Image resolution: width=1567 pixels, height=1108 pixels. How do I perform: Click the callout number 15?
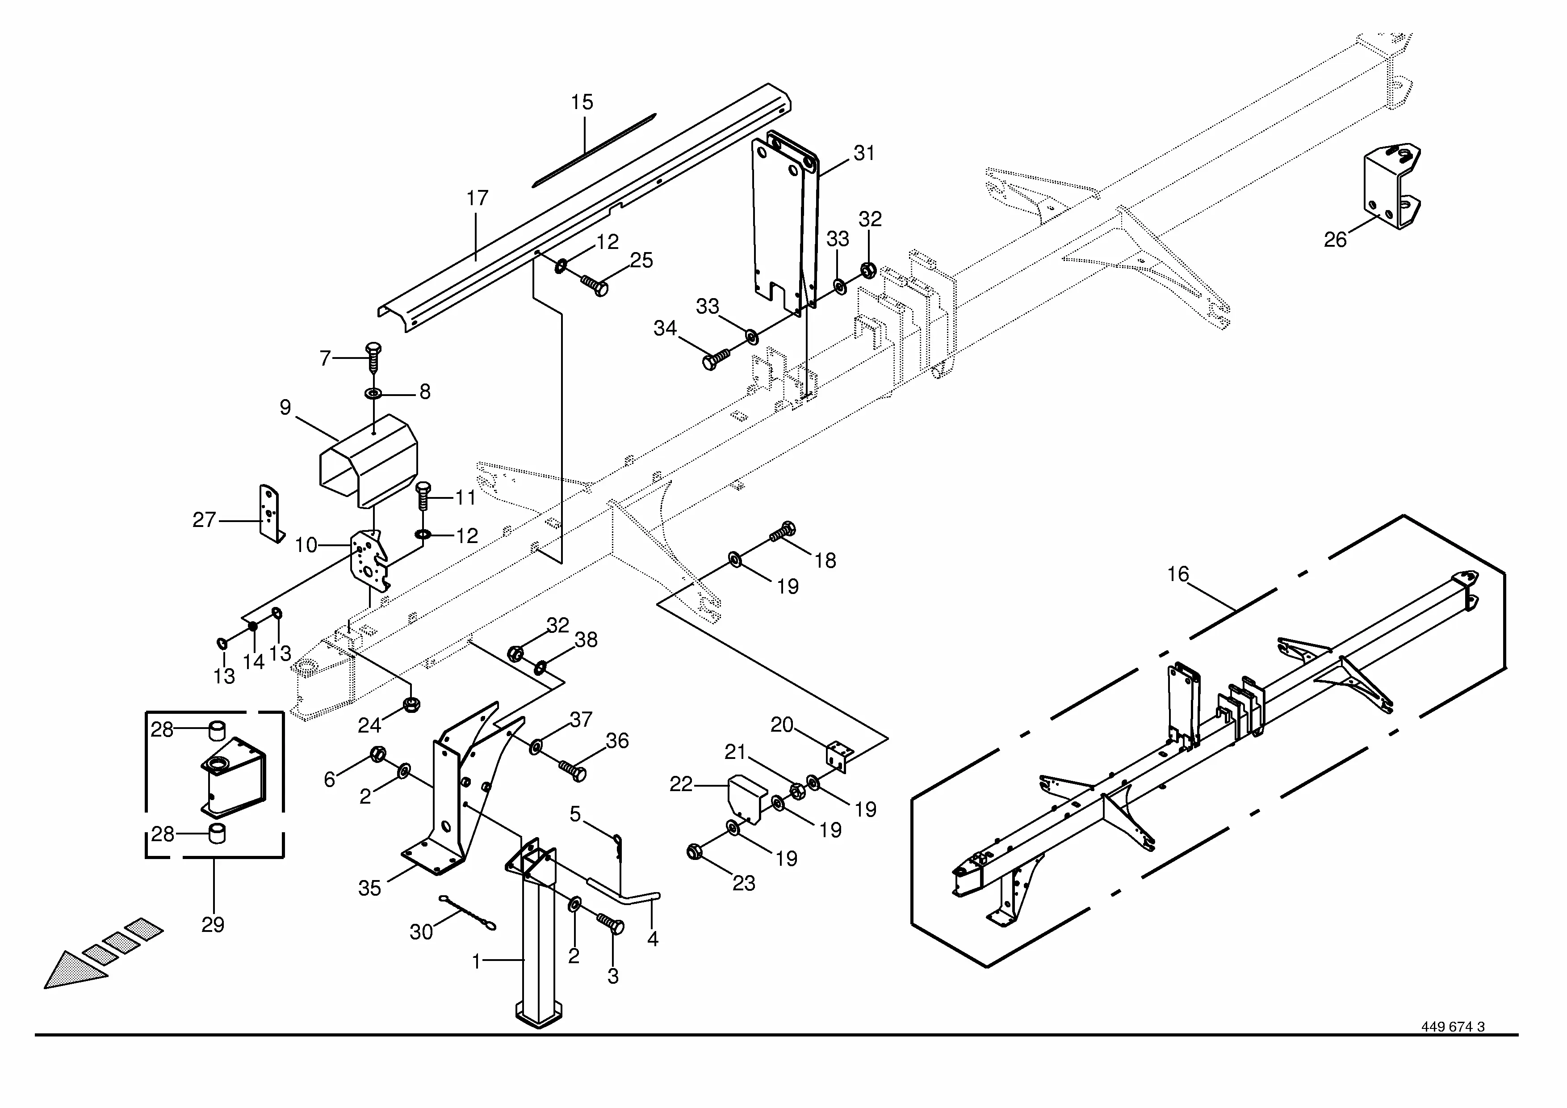coord(582,102)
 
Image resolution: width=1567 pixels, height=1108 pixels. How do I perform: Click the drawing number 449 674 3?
coord(1452,1046)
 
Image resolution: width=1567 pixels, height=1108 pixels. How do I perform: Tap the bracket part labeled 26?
coord(1390,188)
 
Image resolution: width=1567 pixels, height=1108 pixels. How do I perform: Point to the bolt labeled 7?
coord(373,356)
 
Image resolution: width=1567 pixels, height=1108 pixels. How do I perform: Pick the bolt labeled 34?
coord(715,359)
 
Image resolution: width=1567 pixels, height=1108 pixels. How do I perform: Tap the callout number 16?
coord(1177,574)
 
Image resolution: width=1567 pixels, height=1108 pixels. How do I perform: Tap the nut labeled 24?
coord(411,704)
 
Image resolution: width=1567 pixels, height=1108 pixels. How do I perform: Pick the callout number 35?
coord(369,888)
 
